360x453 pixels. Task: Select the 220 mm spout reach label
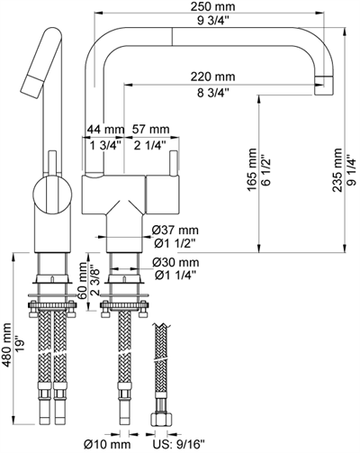213,77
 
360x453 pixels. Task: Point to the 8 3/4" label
213,93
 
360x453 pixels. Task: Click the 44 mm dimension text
105,130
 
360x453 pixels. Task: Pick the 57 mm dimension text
151,130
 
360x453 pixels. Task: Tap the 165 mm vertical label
252,169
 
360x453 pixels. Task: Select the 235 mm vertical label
337,170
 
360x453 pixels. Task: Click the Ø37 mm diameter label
175,231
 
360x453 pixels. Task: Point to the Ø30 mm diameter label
175,263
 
